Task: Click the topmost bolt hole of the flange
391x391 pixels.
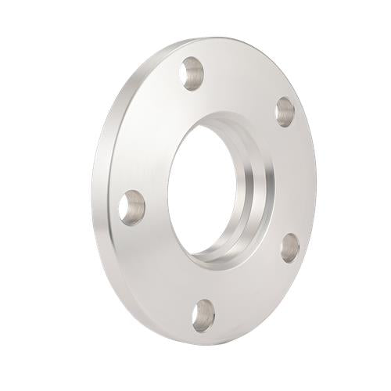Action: pyautogui.click(x=192, y=75)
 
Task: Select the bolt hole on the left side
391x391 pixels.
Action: pyautogui.click(x=132, y=207)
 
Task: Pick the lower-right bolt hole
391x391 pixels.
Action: pyautogui.click(x=289, y=246)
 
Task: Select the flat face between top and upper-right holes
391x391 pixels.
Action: pyautogui.click(x=242, y=78)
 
